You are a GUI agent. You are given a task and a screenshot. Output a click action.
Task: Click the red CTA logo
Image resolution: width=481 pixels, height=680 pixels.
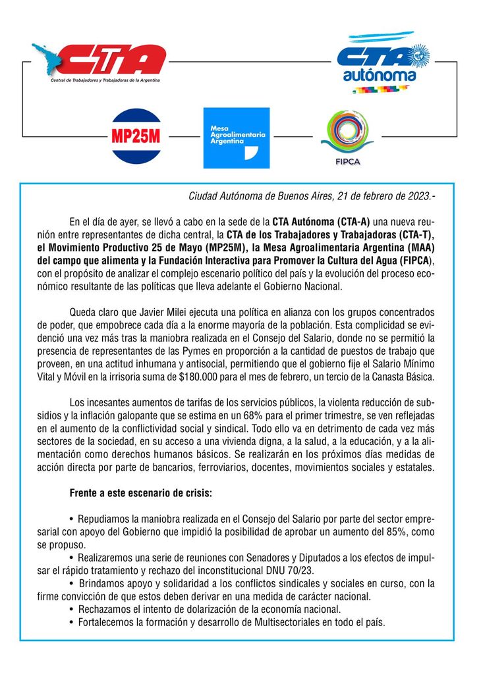click(99, 61)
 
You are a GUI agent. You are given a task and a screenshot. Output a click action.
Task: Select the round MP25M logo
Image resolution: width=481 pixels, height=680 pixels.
click(136, 136)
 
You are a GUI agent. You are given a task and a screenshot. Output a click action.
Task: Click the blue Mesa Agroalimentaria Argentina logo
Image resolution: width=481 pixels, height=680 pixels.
click(236, 137)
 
